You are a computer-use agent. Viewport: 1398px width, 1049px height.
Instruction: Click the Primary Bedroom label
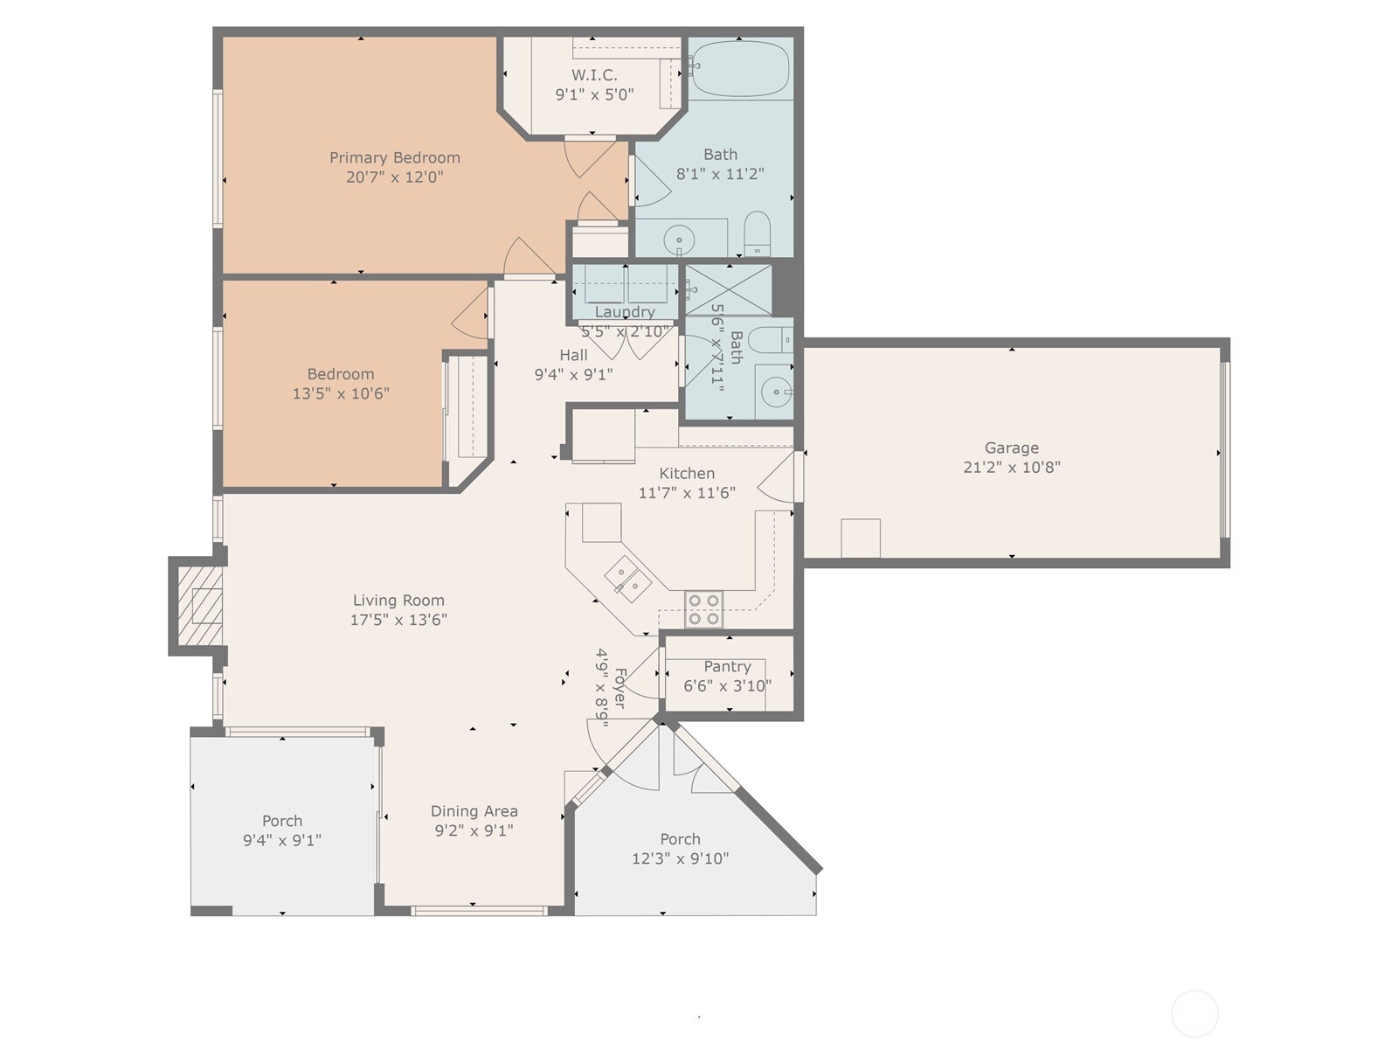tap(394, 157)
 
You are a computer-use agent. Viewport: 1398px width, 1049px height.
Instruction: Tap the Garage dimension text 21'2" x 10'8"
tap(1012, 468)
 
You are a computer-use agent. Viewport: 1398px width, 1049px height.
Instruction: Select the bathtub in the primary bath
tap(740, 69)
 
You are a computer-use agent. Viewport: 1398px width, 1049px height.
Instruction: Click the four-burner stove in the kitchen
tap(703, 609)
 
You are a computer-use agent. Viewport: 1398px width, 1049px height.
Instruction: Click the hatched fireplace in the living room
tap(199, 606)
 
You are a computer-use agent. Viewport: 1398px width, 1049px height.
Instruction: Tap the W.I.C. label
tap(593, 75)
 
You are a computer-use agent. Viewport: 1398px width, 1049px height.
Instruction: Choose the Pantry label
tap(727, 666)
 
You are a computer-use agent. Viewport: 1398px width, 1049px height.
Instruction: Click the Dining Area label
tap(474, 811)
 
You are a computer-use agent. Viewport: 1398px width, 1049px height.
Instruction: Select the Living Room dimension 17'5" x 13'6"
tap(398, 620)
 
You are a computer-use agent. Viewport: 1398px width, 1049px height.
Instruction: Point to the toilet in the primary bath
tap(758, 233)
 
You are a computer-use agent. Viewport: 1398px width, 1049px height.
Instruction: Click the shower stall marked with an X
tap(728, 290)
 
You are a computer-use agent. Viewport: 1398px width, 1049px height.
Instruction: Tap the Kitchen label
tap(687, 473)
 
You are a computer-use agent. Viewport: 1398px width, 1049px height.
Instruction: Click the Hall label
tap(573, 355)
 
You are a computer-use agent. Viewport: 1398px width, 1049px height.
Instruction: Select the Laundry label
tap(625, 312)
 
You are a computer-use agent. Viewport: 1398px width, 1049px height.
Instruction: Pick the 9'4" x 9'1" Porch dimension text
tap(282, 841)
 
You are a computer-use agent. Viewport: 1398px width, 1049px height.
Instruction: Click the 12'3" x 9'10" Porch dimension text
tap(680, 858)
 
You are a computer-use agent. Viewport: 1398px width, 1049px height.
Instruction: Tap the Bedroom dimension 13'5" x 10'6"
tap(341, 393)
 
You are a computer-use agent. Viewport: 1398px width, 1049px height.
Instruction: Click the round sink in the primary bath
tap(679, 240)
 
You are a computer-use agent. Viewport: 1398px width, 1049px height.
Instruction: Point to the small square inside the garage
tap(861, 538)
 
